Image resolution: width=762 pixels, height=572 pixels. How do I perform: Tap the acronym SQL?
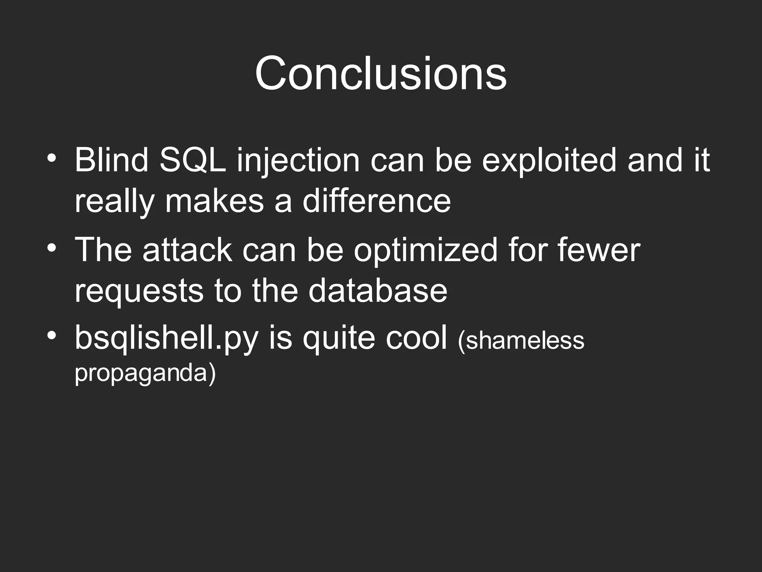coord(192,160)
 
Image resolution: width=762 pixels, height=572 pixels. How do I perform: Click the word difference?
coord(376,201)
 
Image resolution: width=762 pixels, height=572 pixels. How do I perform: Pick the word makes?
coord(214,201)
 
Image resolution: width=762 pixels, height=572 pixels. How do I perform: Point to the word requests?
coord(139,292)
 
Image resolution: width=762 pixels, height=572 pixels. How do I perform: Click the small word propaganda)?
coord(145,373)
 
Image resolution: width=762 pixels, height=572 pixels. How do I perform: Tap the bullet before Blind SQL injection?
coord(52,158)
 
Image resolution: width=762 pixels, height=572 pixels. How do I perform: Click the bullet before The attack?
coord(52,247)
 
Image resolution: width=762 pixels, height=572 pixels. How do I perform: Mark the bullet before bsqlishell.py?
coord(52,335)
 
